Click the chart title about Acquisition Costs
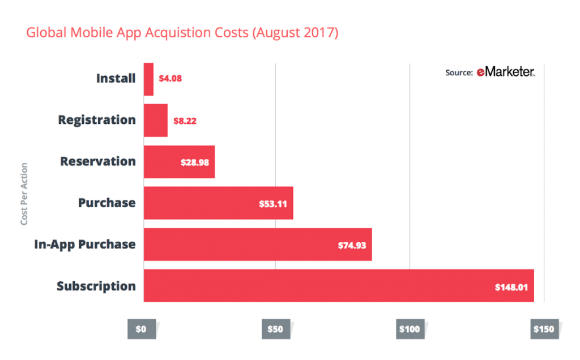pos(182,33)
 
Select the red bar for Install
pos(148,79)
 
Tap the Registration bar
pos(156,120)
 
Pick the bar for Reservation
pos(179,162)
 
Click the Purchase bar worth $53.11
pos(218,203)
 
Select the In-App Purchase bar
pos(258,245)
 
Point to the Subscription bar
pos(339,286)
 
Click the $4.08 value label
pos(170,79)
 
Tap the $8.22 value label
pos(184,121)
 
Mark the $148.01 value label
pos(511,287)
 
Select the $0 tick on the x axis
pos(141,329)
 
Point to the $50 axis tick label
pos(276,329)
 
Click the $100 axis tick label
pos(409,329)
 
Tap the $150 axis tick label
pos(543,329)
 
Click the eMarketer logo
pos(505,72)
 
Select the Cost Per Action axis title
pos(24,194)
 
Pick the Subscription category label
pos(96,286)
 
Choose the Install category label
pos(116,78)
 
